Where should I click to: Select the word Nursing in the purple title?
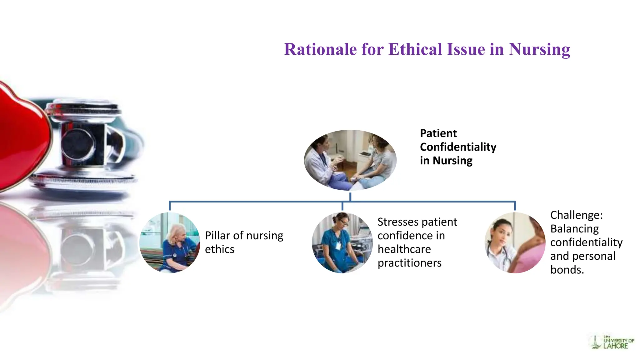tap(539, 49)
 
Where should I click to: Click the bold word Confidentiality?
tap(458, 147)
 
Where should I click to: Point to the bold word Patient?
tap(438, 133)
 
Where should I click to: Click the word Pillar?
tap(217, 236)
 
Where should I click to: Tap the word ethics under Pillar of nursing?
tap(219, 249)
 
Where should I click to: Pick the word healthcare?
tap(404, 249)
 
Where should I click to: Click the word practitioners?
tap(409, 263)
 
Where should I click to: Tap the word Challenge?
tap(576, 215)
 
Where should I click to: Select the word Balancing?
tap(574, 229)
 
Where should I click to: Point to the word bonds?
tap(567, 270)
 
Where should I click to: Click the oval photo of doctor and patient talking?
tap(350, 160)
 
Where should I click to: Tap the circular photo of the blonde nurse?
tap(170, 242)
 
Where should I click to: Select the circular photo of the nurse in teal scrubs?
tap(342, 242)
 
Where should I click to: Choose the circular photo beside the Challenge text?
tap(515, 242)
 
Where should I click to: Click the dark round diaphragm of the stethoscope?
tap(77, 144)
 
